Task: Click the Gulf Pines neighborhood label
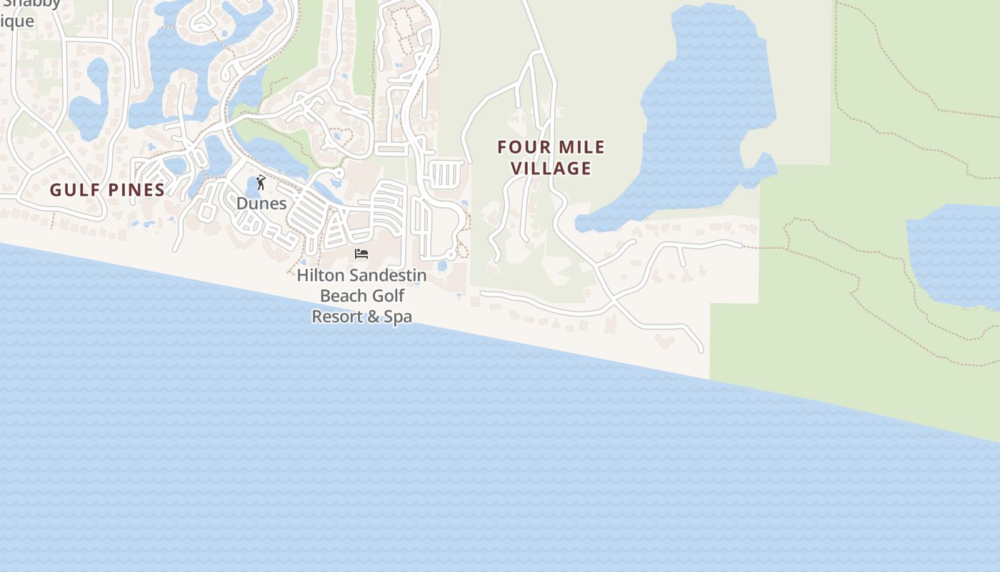[107, 190]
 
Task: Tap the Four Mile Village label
[551, 158]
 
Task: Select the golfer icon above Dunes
[261, 183]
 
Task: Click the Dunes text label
[261, 204]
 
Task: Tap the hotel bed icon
[361, 254]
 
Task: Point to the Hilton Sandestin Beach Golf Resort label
[361, 295]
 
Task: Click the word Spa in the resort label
[398, 316]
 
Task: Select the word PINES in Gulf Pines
[135, 190]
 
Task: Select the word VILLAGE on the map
[551, 169]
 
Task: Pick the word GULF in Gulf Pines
[71, 190]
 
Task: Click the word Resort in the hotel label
[337, 316]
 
